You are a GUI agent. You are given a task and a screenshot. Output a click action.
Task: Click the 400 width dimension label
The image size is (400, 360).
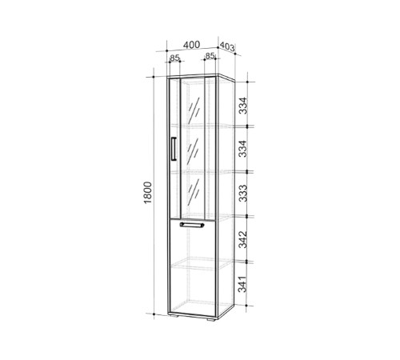point(191,45)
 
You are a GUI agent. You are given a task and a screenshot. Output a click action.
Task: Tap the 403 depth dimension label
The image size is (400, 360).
point(227,46)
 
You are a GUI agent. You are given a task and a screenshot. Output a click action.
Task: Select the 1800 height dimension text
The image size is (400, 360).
point(147,193)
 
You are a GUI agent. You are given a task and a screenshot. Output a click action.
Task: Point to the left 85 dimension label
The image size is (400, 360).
point(175,58)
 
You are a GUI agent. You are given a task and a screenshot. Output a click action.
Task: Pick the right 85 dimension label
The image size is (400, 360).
point(210,56)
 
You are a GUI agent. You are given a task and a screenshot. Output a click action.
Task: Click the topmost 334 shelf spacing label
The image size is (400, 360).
point(243,106)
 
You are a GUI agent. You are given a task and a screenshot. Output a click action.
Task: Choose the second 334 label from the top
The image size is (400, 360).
point(243,149)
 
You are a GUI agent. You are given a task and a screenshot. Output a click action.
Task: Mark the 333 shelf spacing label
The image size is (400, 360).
point(243,193)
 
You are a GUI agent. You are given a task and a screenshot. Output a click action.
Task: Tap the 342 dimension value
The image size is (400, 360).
point(243,239)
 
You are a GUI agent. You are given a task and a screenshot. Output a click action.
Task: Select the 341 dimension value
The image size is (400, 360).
point(242,284)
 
